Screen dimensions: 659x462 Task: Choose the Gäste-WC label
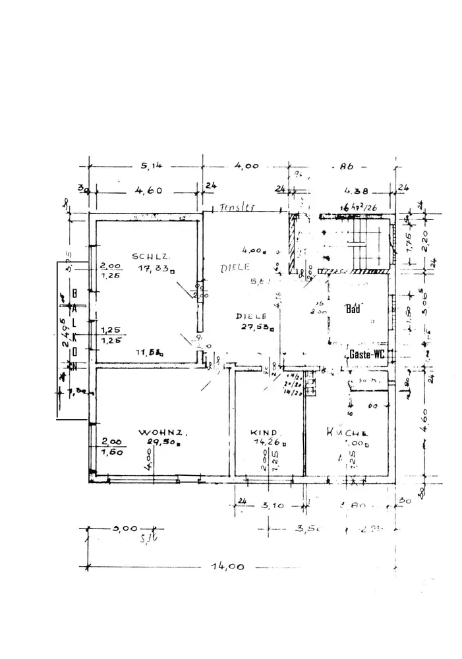pos(367,353)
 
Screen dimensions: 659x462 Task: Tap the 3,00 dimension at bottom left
pos(125,529)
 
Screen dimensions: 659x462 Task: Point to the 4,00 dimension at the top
pos(246,165)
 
